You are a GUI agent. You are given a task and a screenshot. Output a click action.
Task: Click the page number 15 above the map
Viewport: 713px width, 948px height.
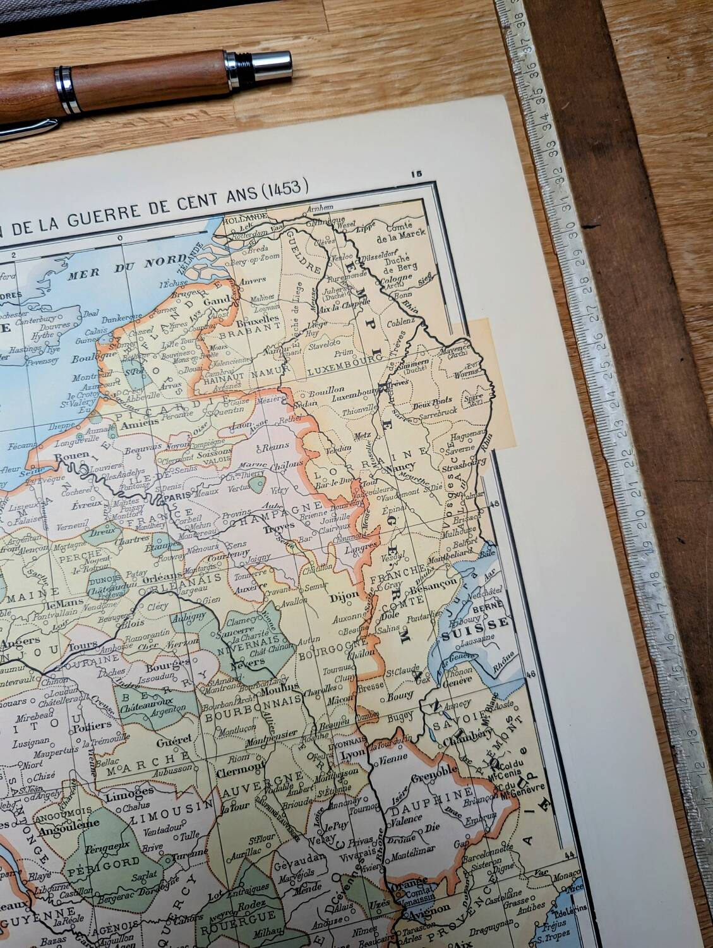coord(415,174)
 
